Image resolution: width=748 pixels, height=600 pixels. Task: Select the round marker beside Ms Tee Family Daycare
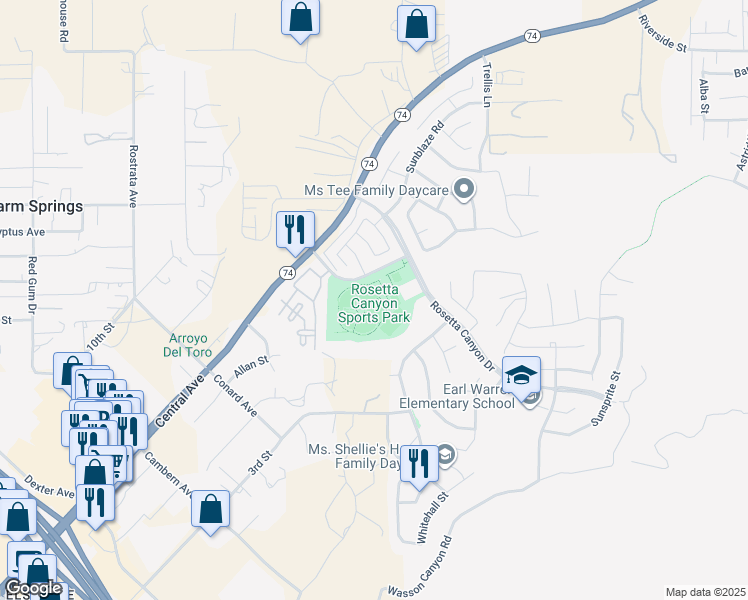pos(463,188)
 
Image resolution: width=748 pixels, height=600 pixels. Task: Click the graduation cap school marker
pos(521,377)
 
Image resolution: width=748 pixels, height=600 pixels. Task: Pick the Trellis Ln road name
pos(488,83)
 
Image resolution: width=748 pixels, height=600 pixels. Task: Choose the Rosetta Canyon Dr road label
pos(464,334)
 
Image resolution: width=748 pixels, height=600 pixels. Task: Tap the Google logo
pos(32,588)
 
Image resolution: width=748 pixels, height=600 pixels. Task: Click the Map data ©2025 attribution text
pos(704,592)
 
